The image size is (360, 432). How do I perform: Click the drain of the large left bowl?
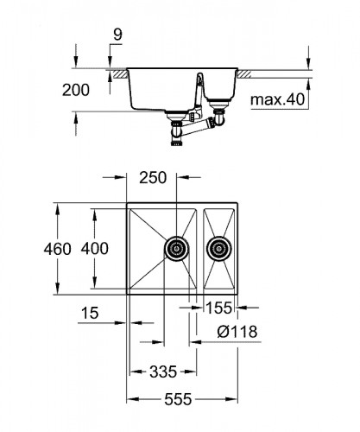[x=177, y=250]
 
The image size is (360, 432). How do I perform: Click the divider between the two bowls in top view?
[x=200, y=250]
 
